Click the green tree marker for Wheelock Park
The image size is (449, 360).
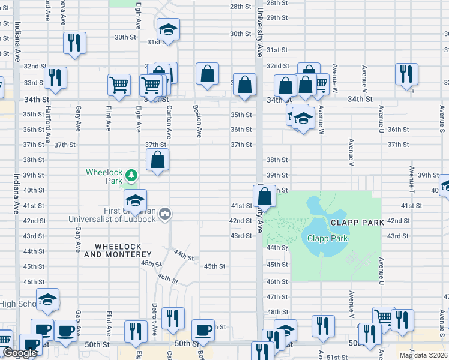(x=131, y=176)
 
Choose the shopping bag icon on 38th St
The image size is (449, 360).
(x=157, y=160)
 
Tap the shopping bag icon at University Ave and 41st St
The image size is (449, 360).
(x=264, y=196)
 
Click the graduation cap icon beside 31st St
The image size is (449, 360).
(x=168, y=29)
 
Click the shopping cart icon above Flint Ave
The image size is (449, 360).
(x=119, y=85)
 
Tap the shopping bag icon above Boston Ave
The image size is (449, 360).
(x=207, y=74)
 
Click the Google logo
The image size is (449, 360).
(x=20, y=353)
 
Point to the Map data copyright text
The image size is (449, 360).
(x=424, y=355)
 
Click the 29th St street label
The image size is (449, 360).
(x=278, y=17)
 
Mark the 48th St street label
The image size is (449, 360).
(x=278, y=312)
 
